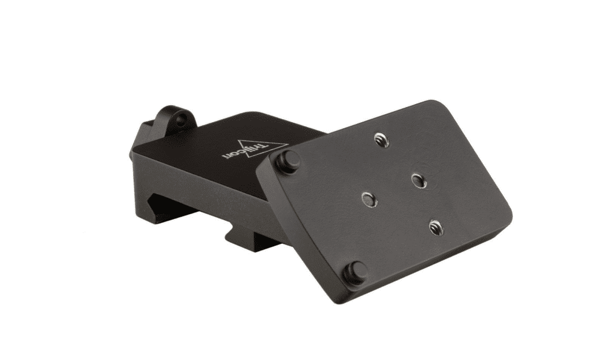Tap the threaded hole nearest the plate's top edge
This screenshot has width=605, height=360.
(381, 140)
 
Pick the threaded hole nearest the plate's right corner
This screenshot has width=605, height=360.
(437, 227)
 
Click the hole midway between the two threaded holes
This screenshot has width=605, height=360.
(418, 179)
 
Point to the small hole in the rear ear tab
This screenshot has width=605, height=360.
(180, 121)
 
